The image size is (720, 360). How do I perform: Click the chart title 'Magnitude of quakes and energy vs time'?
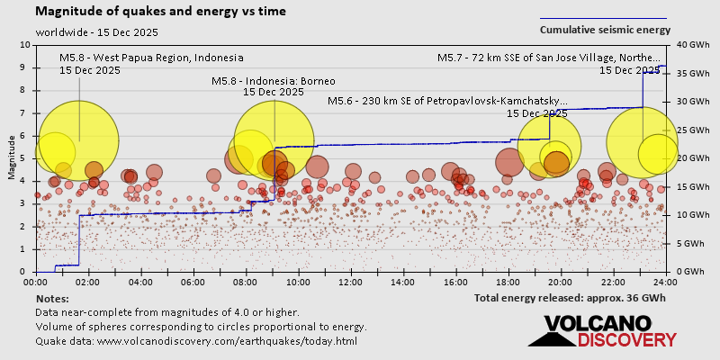[x=161, y=12]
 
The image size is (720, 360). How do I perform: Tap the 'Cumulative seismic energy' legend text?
[x=605, y=30]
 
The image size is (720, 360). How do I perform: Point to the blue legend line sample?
[x=603, y=18]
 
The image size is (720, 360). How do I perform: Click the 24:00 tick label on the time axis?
[x=665, y=281]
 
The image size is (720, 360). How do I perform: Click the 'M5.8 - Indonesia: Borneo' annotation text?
[x=273, y=81]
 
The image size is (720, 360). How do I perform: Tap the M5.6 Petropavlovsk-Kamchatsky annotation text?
[x=447, y=102]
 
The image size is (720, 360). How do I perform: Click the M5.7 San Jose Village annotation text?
[x=553, y=58]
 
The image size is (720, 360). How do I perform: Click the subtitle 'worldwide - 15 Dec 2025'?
[x=97, y=32]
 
